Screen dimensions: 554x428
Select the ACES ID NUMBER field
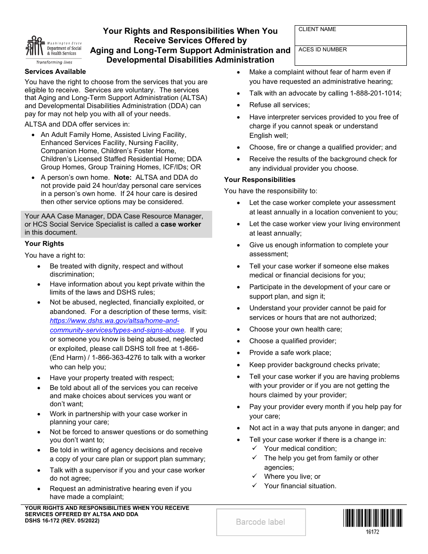pyautogui.click(x=351, y=55)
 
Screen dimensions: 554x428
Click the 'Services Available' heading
pyautogui.click(x=55, y=72)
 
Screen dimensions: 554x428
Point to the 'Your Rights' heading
pyautogui.click(x=44, y=244)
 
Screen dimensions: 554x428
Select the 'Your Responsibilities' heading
pyautogui.click(x=260, y=180)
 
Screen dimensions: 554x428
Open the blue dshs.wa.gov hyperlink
pyautogui.click(x=114, y=325)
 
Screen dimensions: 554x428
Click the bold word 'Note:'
pyautogui.click(x=123, y=177)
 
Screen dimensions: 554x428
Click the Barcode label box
pyautogui.click(x=261, y=522)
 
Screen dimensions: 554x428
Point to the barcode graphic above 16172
pyautogui.click(x=372, y=518)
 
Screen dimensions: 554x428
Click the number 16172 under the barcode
pyautogui.click(x=372, y=532)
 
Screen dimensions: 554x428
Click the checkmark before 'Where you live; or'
pyautogui.click(x=255, y=476)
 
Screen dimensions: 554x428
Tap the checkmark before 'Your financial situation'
pyautogui.click(x=255, y=486)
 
